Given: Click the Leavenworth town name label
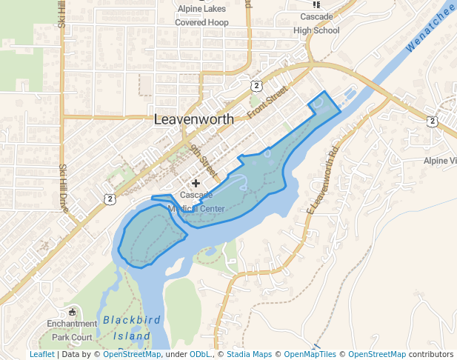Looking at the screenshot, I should (193, 119).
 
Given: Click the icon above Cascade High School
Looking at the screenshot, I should (317, 4).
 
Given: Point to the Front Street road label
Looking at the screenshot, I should (267, 102).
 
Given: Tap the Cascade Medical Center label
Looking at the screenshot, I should (196, 201).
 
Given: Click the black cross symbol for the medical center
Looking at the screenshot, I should (196, 182).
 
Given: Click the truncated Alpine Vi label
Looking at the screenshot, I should (441, 161).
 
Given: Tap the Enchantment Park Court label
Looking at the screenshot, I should (72, 330).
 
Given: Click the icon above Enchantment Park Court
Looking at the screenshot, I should (72, 310).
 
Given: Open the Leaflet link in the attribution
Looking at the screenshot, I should (41, 354).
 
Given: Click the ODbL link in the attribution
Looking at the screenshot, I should (200, 354).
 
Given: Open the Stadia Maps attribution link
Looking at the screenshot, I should (250, 354).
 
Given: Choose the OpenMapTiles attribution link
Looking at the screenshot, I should (310, 354).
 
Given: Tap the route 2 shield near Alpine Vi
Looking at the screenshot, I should (433, 121).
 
